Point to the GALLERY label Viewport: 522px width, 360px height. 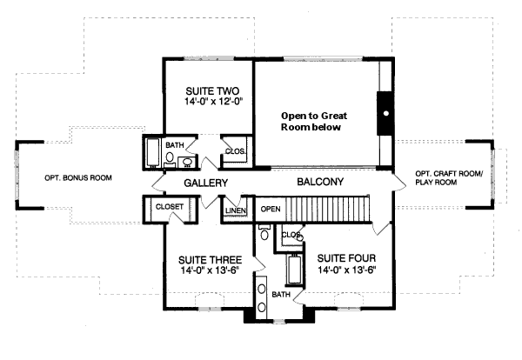[205, 183]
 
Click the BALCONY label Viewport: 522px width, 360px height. [321, 183]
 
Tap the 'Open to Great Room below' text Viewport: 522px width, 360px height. [309, 121]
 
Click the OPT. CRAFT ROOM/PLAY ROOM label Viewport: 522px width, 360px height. [448, 177]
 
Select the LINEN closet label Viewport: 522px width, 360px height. [235, 210]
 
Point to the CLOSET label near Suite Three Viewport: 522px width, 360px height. [169, 207]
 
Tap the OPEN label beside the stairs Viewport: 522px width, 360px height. [271, 210]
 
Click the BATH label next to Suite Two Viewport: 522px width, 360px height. [174, 145]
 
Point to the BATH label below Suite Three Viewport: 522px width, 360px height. [280, 295]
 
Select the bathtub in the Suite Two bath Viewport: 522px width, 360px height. [153, 153]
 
